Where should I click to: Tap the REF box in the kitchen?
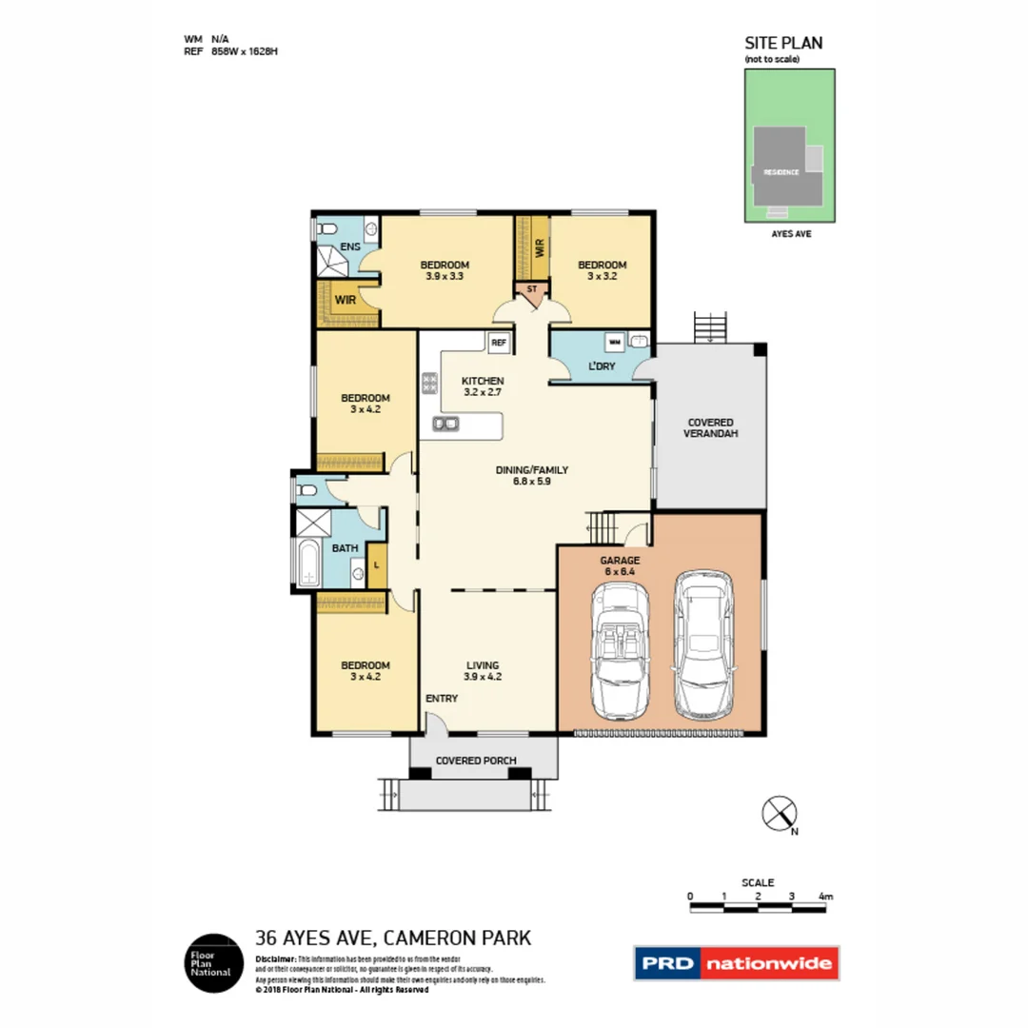(498, 343)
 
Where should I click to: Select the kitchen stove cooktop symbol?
(429, 384)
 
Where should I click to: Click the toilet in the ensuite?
(326, 229)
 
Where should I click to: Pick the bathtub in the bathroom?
(308, 565)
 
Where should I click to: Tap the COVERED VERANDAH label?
(711, 427)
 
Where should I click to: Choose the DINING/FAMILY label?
(531, 475)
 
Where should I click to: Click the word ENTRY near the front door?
(442, 698)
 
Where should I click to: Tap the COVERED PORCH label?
(476, 761)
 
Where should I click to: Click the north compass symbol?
(779, 814)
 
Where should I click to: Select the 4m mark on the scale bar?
(825, 897)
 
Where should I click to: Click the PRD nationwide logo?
(737, 963)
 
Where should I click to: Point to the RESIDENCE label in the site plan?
(780, 172)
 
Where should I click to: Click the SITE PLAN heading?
(782, 43)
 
